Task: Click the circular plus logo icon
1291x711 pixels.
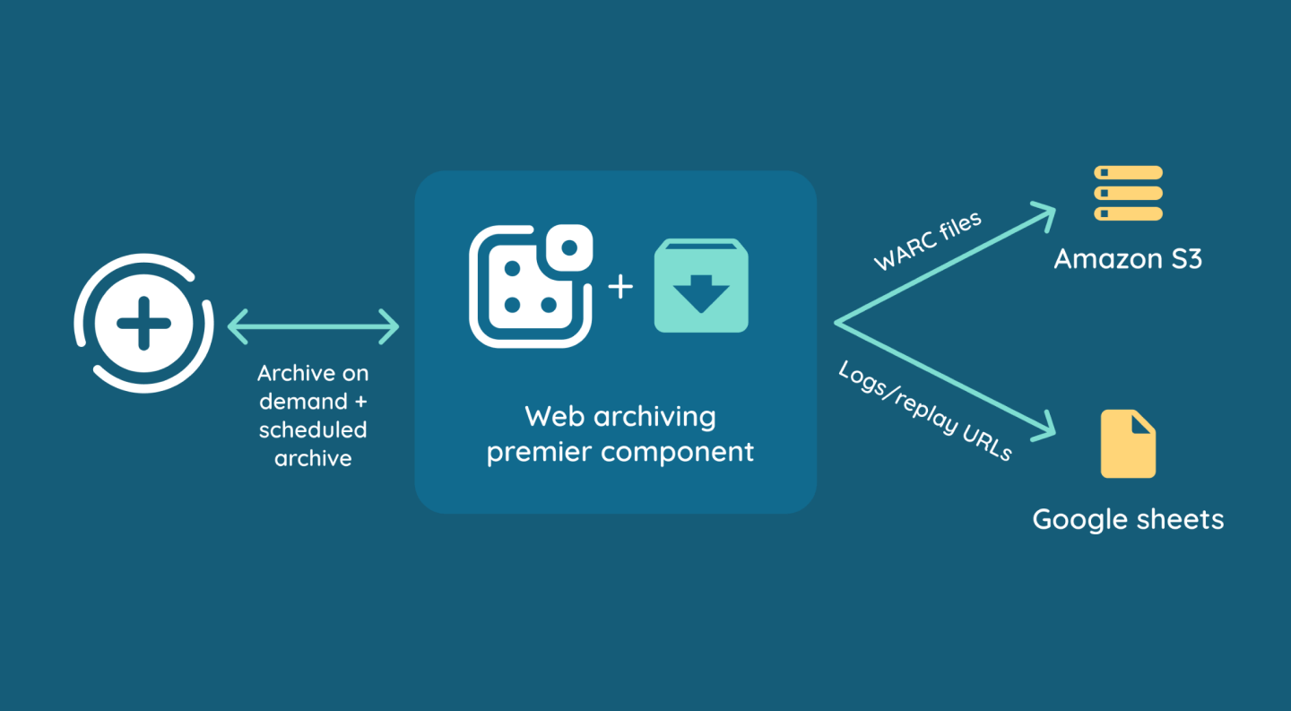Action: point(143,324)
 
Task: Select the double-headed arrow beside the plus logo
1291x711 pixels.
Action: point(313,325)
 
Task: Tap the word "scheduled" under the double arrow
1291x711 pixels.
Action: point(313,429)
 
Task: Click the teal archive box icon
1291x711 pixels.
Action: point(701,286)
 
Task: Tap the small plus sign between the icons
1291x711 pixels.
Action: point(620,286)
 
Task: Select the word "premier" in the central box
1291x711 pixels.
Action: point(539,451)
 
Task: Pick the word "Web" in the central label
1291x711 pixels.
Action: point(548,417)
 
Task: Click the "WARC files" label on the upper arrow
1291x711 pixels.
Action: point(927,239)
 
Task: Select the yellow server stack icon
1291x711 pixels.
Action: point(1128,193)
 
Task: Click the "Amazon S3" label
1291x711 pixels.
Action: point(1128,259)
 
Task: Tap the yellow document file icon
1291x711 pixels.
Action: point(1128,444)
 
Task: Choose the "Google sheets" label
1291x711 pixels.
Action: point(1128,519)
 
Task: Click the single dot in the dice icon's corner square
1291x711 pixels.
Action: point(568,247)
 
